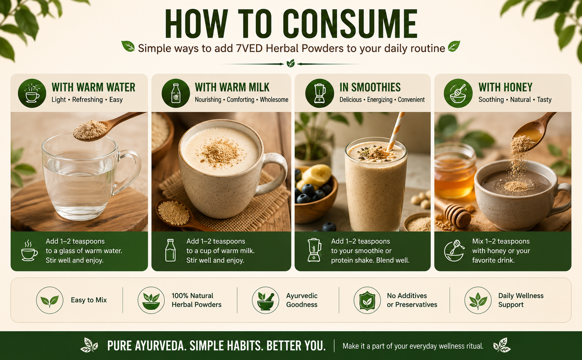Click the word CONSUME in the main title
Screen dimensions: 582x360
(x=350, y=24)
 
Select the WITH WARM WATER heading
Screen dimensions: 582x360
(x=93, y=87)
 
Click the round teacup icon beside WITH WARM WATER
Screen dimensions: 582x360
(x=32, y=93)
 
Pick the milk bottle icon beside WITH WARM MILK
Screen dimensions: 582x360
(x=176, y=93)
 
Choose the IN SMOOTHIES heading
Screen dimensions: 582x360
(x=370, y=87)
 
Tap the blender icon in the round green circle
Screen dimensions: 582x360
(x=319, y=93)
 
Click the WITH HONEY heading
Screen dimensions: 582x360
(x=505, y=87)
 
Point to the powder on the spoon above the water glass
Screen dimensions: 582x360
(x=90, y=129)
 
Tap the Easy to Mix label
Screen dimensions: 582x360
(x=89, y=300)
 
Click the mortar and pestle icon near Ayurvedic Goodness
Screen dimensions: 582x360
(x=265, y=300)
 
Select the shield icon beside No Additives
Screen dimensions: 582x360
(x=367, y=300)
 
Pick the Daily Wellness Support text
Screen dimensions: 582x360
(x=521, y=300)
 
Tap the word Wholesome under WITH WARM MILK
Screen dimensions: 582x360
(x=274, y=100)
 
